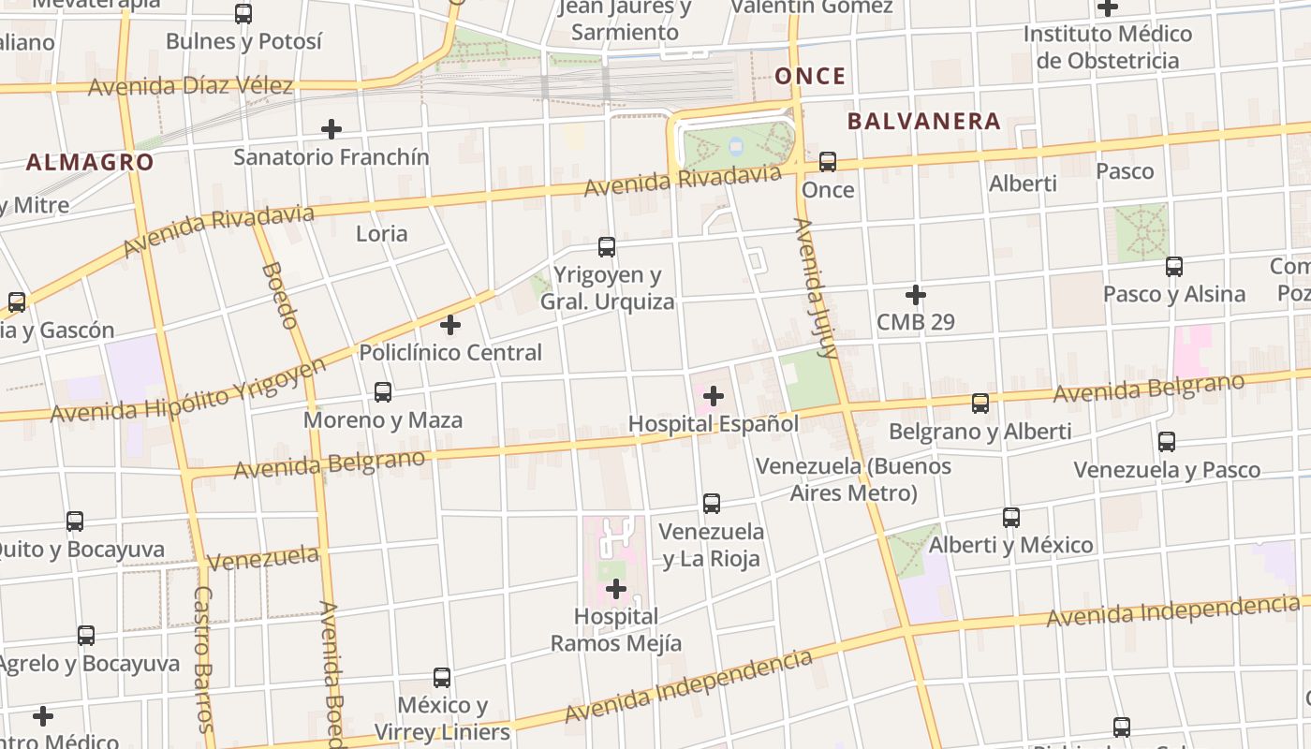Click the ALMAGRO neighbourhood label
(90, 162)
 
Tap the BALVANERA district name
(924, 121)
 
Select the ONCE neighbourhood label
(811, 76)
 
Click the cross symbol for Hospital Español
(714, 396)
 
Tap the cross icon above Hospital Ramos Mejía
(616, 589)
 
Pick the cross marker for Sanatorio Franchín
(331, 128)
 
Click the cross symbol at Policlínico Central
(450, 325)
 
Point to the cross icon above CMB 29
(916, 295)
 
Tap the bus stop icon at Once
(828, 162)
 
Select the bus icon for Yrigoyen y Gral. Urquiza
(607, 247)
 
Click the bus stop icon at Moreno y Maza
(383, 392)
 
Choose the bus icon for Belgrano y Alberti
(980, 404)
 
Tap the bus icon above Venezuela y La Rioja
(712, 504)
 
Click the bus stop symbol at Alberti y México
(1011, 517)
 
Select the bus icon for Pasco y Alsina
(1174, 266)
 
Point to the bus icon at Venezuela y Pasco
(1167, 442)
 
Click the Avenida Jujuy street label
(815, 288)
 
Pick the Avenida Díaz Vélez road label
(191, 87)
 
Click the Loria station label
(381, 233)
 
